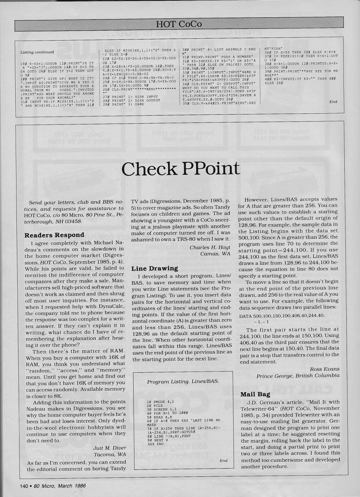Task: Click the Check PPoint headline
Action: (x=181, y=169)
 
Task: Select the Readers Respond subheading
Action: (x=54, y=235)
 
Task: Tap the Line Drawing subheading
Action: (x=154, y=269)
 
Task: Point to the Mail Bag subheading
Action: (x=255, y=394)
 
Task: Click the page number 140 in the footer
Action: (x=24, y=486)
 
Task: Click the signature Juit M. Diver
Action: (x=109, y=448)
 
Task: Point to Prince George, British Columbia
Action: (x=298, y=375)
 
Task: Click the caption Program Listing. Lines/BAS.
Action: (x=183, y=381)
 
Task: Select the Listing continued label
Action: (x=37, y=52)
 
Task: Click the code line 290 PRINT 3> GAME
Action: (x=124, y=104)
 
